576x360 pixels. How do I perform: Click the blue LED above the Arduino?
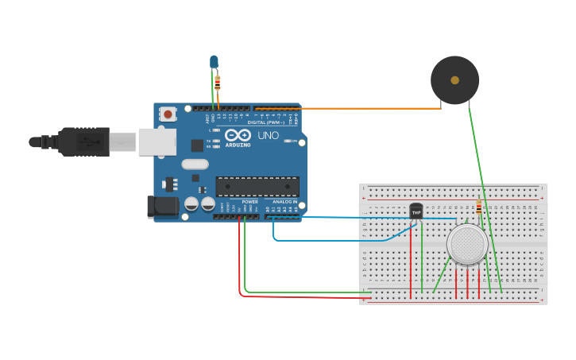point(213,61)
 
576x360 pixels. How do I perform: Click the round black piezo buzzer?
point(454,79)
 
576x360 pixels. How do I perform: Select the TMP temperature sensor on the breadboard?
point(416,211)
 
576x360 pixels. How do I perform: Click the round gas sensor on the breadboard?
point(467,244)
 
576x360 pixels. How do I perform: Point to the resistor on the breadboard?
point(478,208)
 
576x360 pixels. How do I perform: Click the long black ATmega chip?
point(257,187)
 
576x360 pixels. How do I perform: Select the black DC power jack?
point(163,207)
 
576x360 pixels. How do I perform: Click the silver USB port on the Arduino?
point(157,141)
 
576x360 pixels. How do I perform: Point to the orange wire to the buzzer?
point(358,108)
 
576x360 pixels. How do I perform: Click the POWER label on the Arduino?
point(249,202)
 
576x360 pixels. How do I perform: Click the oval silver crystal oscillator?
point(195,165)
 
